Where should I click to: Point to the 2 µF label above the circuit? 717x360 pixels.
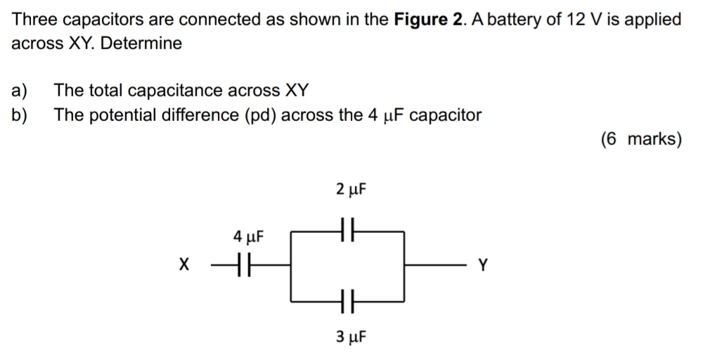[351, 190]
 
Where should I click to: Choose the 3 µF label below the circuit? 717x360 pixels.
[351, 337]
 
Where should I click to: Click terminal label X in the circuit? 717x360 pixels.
[184, 266]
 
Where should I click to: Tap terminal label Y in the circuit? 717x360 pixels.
[482, 266]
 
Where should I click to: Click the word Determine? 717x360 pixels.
[141, 44]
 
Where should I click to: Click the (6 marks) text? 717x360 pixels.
[641, 139]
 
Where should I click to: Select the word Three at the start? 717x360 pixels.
[33, 19]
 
